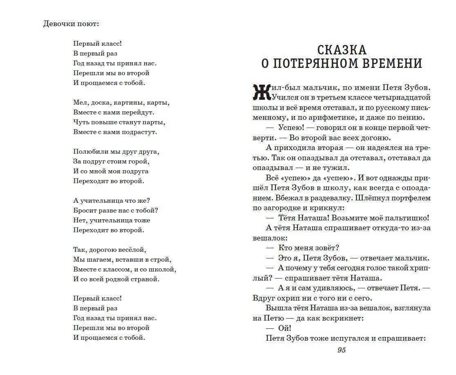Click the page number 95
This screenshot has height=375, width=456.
click(342, 350)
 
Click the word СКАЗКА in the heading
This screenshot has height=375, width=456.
click(342, 50)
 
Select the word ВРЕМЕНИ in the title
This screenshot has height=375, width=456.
click(391, 64)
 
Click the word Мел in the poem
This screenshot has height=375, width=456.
click(80, 103)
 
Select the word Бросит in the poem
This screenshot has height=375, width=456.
click(84, 211)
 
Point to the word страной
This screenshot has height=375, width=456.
click(146, 279)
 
